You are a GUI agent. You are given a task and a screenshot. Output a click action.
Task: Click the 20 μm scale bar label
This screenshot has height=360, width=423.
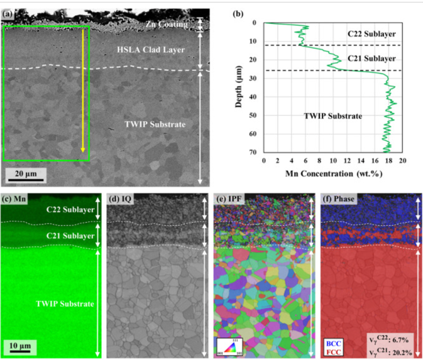coord(26,172)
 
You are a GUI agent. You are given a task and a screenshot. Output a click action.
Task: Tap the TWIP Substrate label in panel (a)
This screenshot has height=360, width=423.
coord(159,124)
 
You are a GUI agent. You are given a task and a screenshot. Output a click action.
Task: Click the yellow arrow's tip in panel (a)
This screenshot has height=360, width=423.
coord(82,151)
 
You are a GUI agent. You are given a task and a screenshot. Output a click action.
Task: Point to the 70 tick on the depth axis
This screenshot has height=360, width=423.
coord(254,152)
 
